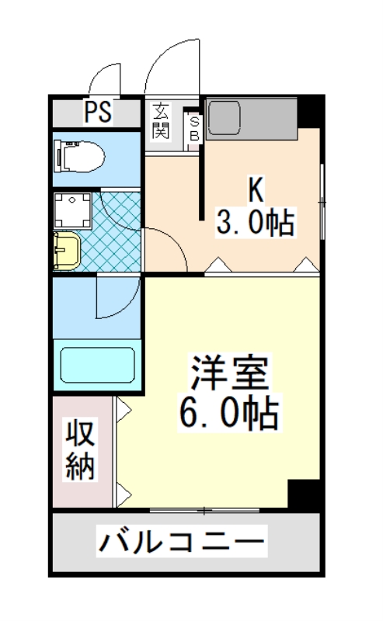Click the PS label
[x=97, y=113]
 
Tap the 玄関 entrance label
[x=161, y=120]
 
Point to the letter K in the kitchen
[x=253, y=189]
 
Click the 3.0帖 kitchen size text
[x=254, y=224]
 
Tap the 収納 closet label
[x=80, y=449]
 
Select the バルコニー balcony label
[x=181, y=541]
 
